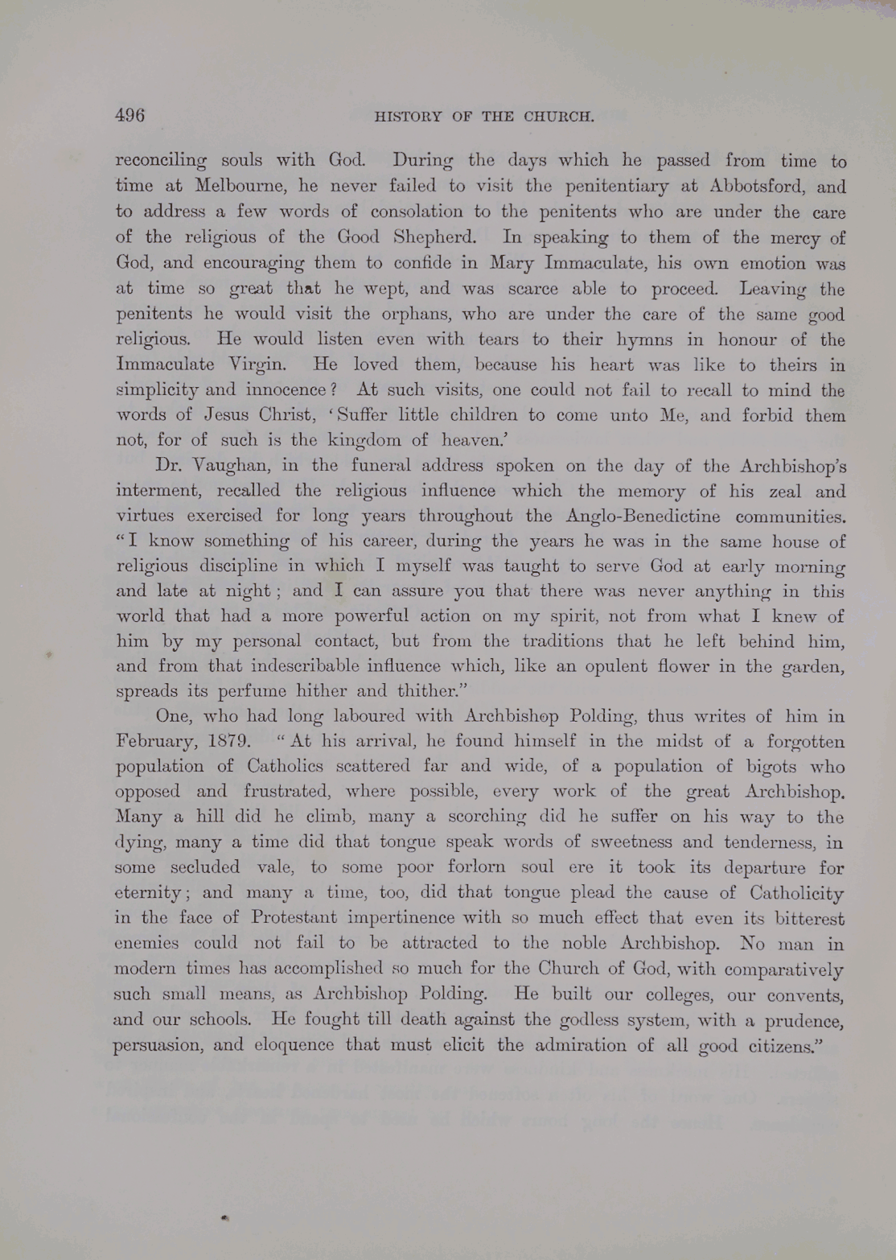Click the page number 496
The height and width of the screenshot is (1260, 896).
point(129,115)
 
